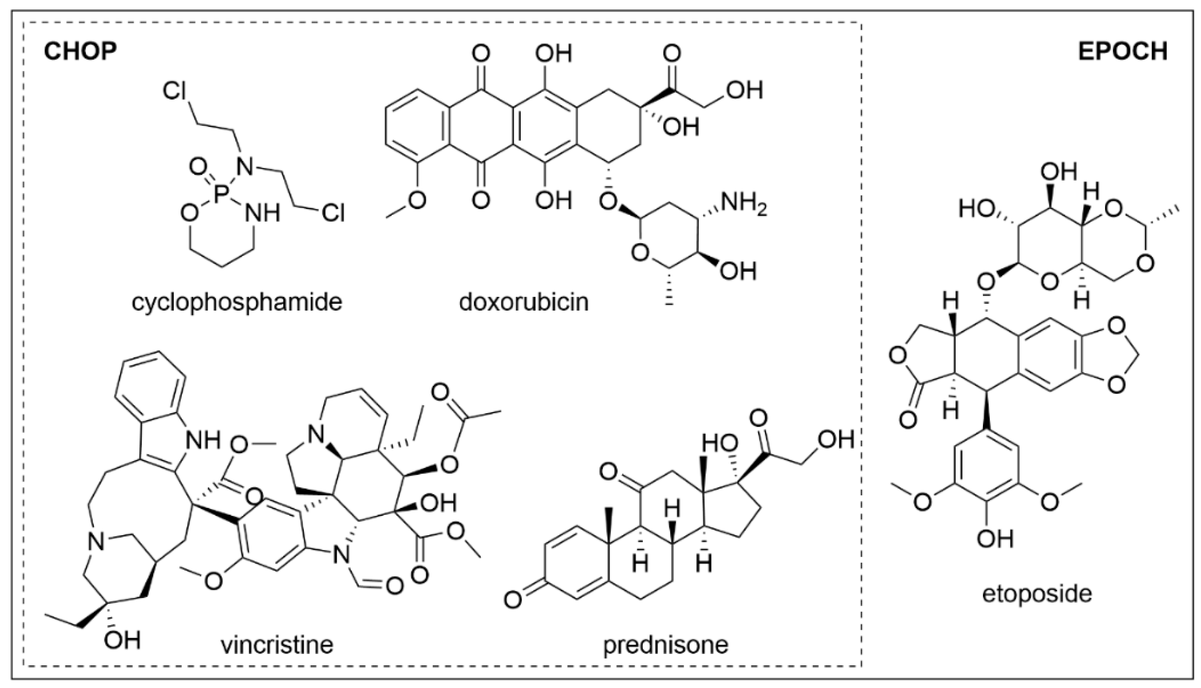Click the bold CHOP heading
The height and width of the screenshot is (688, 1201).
pos(80,51)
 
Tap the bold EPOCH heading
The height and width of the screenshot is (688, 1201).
pos(1123,51)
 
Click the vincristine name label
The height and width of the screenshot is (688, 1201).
pos(277,645)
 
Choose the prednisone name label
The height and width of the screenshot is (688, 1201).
pos(666,645)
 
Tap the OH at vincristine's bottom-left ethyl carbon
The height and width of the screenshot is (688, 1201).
pos(122,641)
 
